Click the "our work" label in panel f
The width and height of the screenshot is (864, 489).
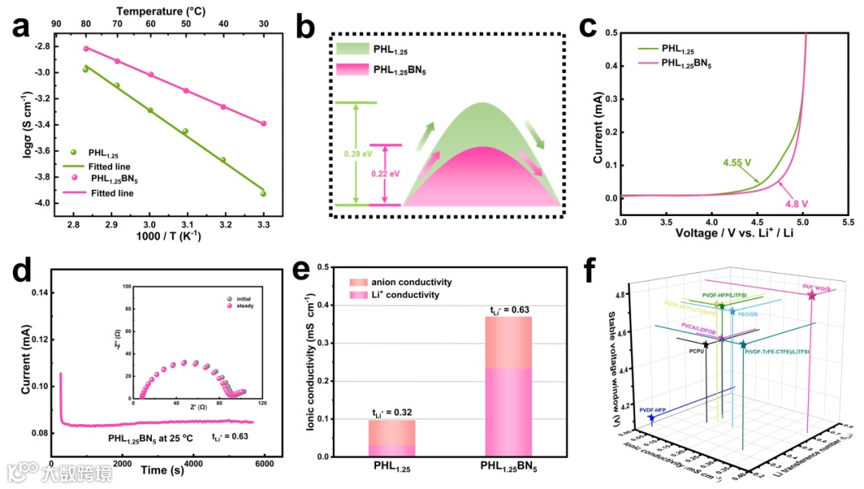pyautogui.click(x=813, y=287)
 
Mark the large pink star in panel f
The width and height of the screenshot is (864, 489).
pyautogui.click(x=812, y=296)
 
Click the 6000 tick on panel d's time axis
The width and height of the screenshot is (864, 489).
pyautogui.click(x=265, y=465)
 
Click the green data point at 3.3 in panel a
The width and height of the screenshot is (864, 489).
pyautogui.click(x=263, y=194)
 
